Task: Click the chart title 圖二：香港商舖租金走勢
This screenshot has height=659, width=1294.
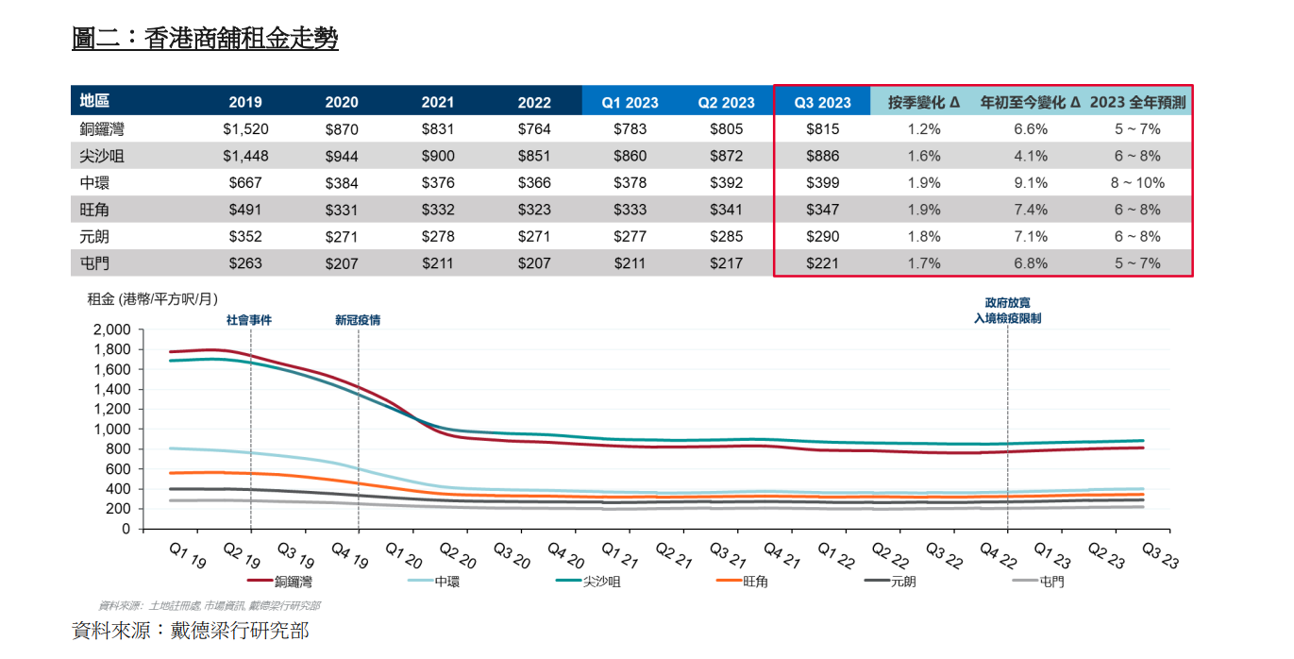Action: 205,38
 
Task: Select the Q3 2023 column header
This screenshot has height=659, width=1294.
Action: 821,102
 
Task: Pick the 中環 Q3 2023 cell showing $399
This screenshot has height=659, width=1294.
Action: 821,183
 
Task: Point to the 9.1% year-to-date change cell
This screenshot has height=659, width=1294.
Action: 1030,183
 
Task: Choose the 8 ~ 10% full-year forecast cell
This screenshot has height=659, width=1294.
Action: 1137,183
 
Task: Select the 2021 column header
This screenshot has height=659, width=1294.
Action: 438,102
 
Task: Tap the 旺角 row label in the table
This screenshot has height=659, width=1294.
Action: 94,210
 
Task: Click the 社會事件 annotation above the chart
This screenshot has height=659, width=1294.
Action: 249,320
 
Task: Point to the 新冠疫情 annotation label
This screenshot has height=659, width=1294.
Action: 358,320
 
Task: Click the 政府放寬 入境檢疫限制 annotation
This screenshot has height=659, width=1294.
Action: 1007,311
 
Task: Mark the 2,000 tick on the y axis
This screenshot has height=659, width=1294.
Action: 111,329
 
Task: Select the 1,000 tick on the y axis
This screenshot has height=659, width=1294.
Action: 111,429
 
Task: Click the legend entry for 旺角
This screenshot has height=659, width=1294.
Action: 755,582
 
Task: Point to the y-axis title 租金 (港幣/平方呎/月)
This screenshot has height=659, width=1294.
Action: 152,299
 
